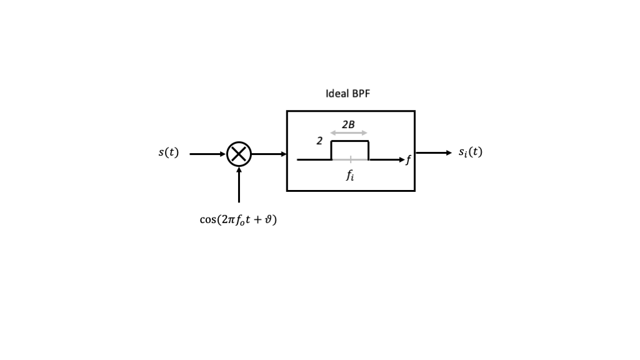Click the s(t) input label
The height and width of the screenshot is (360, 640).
pyautogui.click(x=168, y=152)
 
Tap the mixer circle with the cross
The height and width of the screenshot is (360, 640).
pyautogui.click(x=239, y=154)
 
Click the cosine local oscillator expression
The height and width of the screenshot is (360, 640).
pyautogui.click(x=238, y=220)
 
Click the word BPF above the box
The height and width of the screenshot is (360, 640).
pyautogui.click(x=361, y=94)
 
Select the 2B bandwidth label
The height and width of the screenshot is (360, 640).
pyautogui.click(x=348, y=124)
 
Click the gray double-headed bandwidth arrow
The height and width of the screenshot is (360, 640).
pyautogui.click(x=349, y=132)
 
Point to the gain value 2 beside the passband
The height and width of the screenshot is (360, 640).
pyautogui.click(x=319, y=141)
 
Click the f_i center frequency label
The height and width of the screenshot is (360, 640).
pyautogui.click(x=351, y=176)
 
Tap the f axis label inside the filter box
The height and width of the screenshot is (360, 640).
pyautogui.click(x=408, y=160)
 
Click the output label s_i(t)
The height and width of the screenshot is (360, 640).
pyautogui.click(x=470, y=152)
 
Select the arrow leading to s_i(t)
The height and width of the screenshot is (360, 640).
pyautogui.click(x=433, y=152)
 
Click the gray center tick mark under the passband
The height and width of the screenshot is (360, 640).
pyautogui.click(x=351, y=159)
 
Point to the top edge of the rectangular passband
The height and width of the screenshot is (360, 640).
pyautogui.click(x=350, y=141)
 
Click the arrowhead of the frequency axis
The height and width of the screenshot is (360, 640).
pyautogui.click(x=401, y=159)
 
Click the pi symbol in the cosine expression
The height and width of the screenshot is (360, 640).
pyautogui.click(x=229, y=220)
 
